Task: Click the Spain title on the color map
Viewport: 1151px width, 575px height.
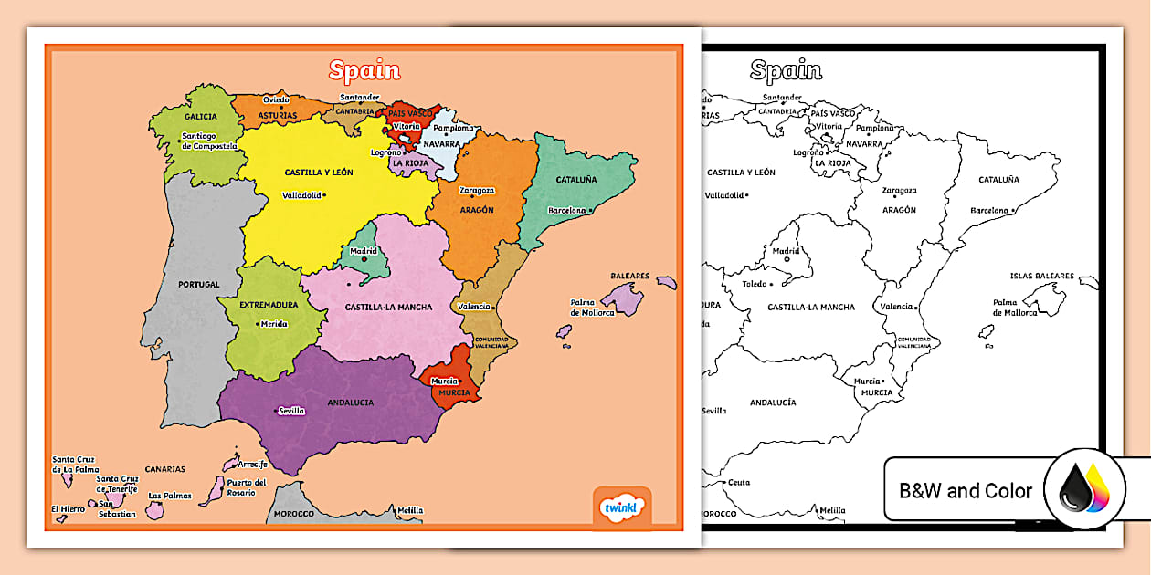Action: click(x=364, y=70)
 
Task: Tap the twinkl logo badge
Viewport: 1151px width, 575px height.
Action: click(x=623, y=507)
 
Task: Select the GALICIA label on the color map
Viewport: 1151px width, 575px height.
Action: click(x=200, y=117)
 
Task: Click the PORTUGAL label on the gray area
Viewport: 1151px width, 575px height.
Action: click(x=199, y=285)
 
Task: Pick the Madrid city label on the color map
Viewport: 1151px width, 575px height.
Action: click(x=364, y=251)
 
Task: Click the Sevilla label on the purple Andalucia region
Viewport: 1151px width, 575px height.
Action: click(x=291, y=411)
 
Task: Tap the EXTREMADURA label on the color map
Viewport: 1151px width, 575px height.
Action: click(x=269, y=305)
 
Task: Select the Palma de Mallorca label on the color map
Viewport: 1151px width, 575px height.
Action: click(x=594, y=308)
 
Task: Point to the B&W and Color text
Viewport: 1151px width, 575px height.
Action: click(x=966, y=491)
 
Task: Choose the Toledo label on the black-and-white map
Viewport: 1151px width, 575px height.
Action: click(x=754, y=284)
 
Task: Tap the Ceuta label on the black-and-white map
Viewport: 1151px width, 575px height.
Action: click(x=738, y=482)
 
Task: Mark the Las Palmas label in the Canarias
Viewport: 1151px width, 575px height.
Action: click(x=168, y=497)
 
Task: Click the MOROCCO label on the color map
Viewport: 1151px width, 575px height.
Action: click(x=293, y=514)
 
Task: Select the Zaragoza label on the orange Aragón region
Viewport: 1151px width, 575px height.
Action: click(x=477, y=191)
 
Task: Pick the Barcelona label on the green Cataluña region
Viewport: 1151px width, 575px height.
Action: click(x=566, y=211)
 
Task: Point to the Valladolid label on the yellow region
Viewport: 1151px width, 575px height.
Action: click(x=301, y=195)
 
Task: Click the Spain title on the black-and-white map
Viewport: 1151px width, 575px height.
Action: click(x=786, y=70)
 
